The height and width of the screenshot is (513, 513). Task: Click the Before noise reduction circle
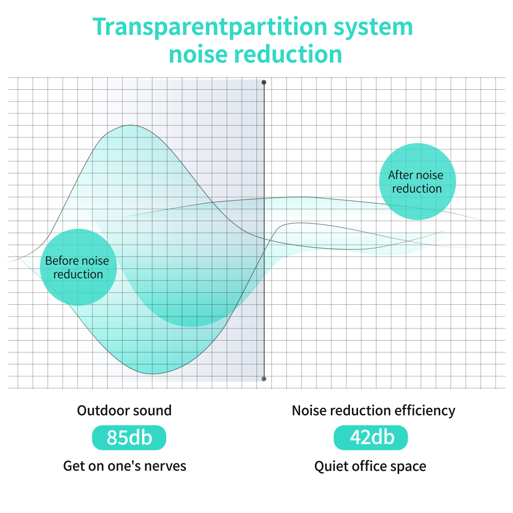pos(78,267)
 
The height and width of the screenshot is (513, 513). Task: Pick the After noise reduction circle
pos(416,182)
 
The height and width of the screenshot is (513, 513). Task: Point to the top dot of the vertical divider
pos(264,82)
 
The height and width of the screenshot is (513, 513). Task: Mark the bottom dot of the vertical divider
pos(264,379)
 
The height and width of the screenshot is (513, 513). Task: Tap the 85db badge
pos(129,438)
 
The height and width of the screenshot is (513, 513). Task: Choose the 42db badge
pos(371,438)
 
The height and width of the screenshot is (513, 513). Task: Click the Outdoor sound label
pos(124,410)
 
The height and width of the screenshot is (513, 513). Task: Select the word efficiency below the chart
pos(425,410)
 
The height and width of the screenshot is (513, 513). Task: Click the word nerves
pos(165,466)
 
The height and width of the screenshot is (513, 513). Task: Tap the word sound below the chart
pos(152,410)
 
